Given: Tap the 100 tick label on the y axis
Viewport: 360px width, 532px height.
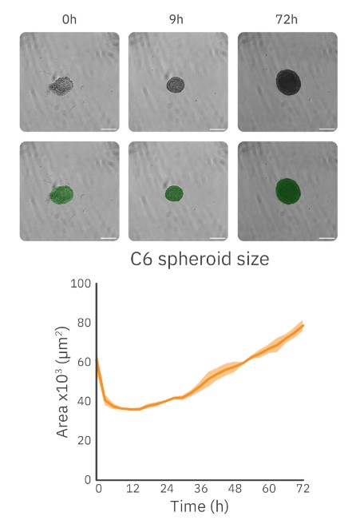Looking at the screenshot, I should coord(79,284).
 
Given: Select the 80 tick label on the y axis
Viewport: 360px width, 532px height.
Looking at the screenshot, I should coord(82,323).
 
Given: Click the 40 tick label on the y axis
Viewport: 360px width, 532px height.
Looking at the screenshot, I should coord(82,401).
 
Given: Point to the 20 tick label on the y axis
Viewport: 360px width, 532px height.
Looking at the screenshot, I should coord(82,440).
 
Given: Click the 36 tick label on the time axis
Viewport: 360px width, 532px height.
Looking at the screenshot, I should coord(200,489).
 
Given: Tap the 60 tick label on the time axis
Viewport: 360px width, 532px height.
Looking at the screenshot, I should coord(268,489).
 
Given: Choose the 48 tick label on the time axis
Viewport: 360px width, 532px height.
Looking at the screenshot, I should coord(234,489).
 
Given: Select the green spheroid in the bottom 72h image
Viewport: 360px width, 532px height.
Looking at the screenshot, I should coord(289,190).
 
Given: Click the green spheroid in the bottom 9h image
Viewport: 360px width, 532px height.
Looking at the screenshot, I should coord(174,193).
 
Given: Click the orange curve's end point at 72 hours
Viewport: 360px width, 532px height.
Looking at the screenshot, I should coord(303,325).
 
